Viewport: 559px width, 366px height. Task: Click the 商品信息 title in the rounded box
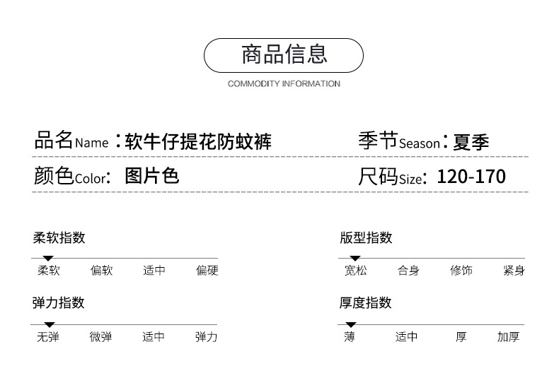[x=284, y=54]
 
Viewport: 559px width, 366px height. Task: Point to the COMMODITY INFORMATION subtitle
[x=284, y=83]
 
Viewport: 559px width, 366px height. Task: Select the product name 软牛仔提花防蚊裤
[x=198, y=142]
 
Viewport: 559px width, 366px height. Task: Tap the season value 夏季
[x=470, y=142]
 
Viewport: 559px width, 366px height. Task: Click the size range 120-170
[x=471, y=177]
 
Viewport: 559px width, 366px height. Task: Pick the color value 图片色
[x=152, y=176]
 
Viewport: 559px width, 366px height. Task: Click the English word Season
[x=419, y=144]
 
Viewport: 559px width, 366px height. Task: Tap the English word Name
[x=91, y=143]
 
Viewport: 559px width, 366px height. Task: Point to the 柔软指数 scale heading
[x=59, y=238]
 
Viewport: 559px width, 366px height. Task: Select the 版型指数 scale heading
[x=366, y=238]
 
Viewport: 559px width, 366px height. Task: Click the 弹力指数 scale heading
[x=59, y=303]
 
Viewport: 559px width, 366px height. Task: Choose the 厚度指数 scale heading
[x=366, y=303]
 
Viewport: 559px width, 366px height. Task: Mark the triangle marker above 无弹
[x=49, y=324]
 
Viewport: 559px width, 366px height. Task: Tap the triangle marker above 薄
[x=350, y=324]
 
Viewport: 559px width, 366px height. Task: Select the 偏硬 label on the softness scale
[x=207, y=271]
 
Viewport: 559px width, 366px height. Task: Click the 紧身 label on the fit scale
[x=514, y=271]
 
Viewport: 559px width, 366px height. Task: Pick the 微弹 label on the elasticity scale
[x=100, y=337]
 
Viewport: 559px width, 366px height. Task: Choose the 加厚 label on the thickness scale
[x=508, y=337]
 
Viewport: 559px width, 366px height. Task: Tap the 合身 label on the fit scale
[x=408, y=271]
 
